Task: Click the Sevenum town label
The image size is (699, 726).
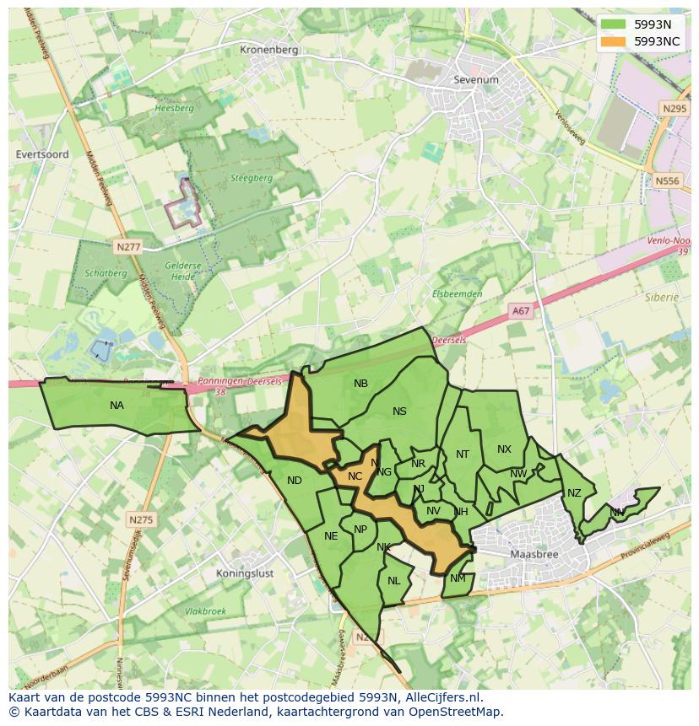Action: [x=475, y=79]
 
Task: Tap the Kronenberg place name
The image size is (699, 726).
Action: [x=269, y=50]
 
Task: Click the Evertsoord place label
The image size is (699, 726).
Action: [x=42, y=154]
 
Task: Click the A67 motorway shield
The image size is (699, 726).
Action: [x=521, y=311]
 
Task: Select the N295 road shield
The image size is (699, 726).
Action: [x=674, y=109]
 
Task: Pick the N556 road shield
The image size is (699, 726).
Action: [x=667, y=180]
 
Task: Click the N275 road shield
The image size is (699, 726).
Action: [x=141, y=519]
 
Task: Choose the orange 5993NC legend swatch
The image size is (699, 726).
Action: [x=614, y=40]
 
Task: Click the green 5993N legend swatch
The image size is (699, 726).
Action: [x=614, y=24]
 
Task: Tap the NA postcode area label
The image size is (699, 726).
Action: [x=116, y=406]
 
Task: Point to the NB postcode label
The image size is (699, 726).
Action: [x=360, y=384]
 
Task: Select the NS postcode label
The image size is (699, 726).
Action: [x=399, y=411]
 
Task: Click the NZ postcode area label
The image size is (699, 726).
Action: [x=574, y=493]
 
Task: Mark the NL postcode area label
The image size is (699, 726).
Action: [x=393, y=581]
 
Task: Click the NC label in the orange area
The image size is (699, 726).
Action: [x=355, y=476]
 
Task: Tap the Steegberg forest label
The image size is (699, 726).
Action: [x=252, y=178]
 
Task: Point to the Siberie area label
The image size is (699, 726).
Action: [x=662, y=297]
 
